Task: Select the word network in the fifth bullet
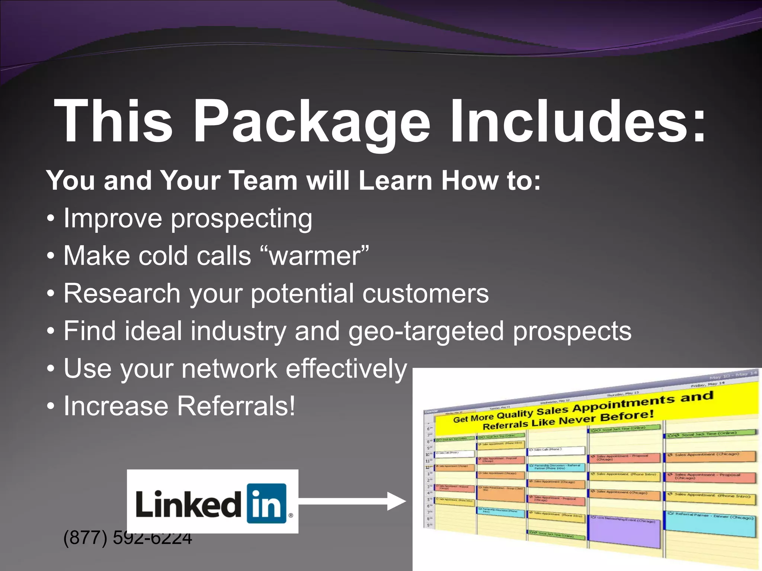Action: click(229, 369)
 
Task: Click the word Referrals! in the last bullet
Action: click(236, 406)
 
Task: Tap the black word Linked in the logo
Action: click(188, 503)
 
